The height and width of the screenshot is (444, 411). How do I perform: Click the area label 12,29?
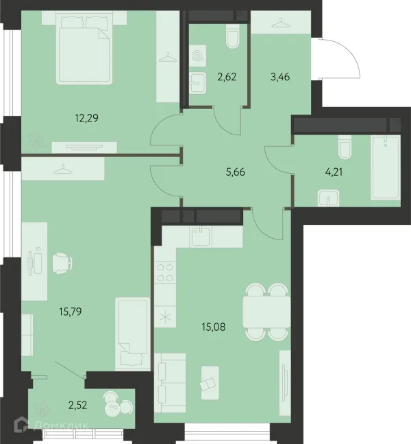(87, 118)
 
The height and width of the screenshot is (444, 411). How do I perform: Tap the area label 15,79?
(71, 312)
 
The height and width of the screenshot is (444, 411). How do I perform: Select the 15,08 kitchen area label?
(214, 327)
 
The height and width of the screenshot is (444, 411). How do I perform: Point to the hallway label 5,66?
(236, 172)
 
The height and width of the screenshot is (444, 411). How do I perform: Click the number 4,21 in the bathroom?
(334, 172)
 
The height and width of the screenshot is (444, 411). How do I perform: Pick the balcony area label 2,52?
(77, 405)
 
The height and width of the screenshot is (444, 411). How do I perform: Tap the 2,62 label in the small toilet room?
(227, 77)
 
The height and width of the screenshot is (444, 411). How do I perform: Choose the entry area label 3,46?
(280, 77)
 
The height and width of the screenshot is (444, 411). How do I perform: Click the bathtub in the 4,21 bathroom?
(385, 167)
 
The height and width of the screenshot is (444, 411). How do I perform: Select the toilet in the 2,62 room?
(233, 36)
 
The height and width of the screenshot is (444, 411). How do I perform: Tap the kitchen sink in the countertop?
(201, 237)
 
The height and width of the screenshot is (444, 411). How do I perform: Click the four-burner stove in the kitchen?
(165, 272)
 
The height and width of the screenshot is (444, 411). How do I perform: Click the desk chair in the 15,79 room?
(62, 263)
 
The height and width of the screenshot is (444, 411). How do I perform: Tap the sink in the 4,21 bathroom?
(329, 198)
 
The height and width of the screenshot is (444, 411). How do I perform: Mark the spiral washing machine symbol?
(198, 56)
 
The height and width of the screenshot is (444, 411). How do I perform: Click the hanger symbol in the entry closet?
(281, 23)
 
